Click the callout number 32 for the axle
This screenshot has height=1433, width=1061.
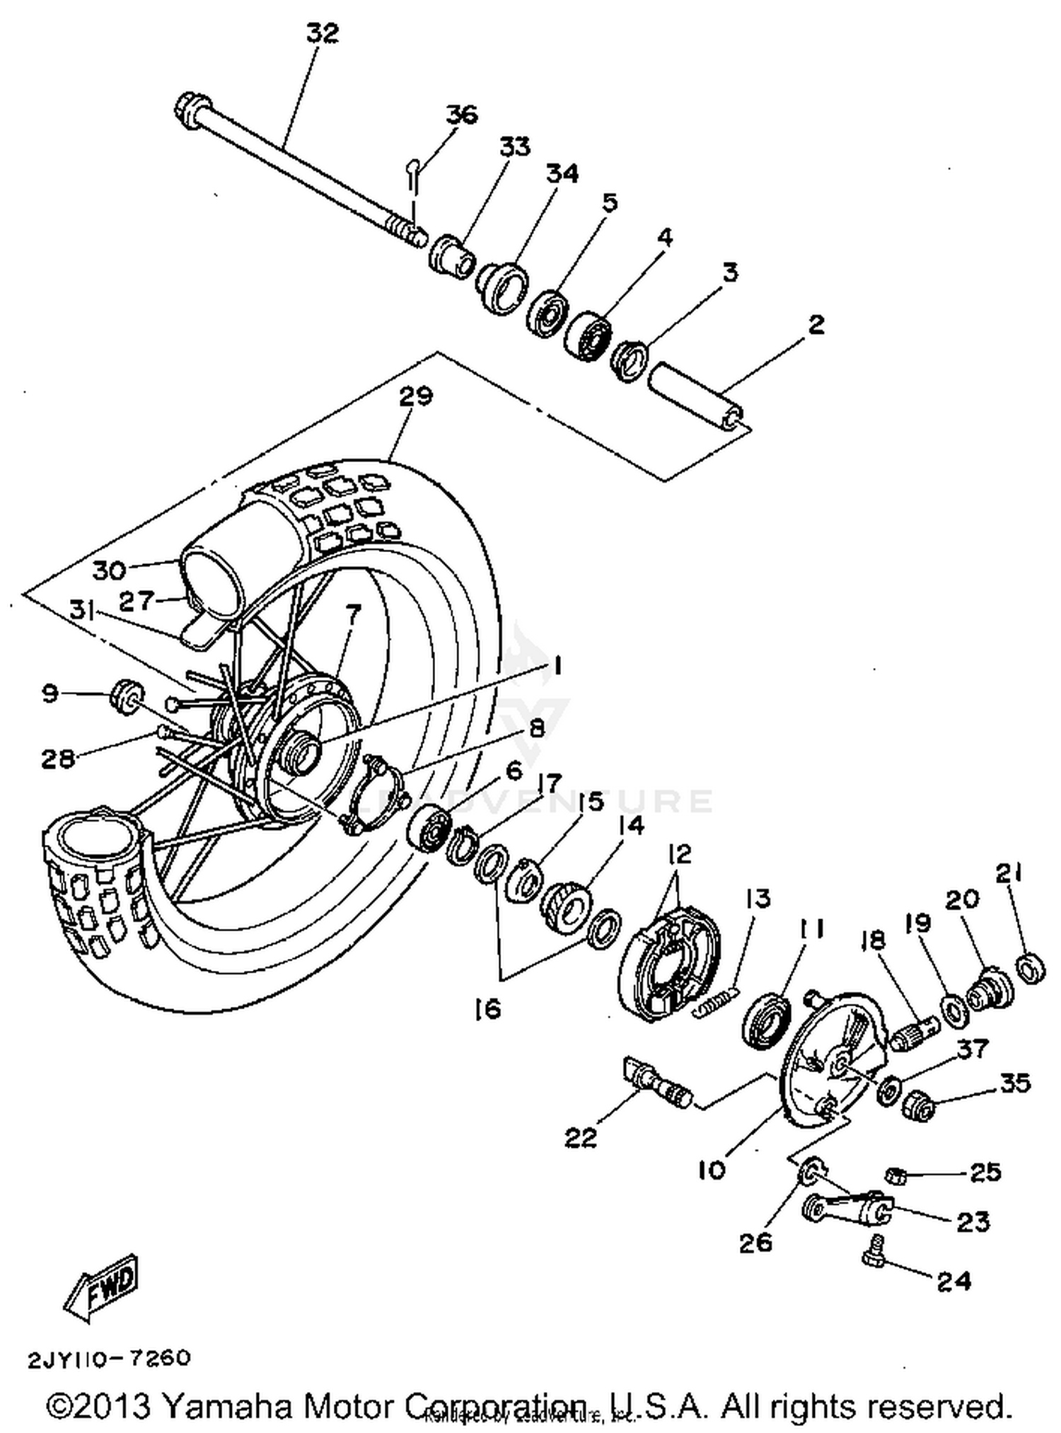point(322,33)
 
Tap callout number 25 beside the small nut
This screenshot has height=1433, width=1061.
point(985,1172)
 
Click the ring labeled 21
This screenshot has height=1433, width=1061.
point(1031,968)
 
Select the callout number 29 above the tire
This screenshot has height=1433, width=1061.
point(415,396)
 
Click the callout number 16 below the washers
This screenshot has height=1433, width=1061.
point(487,1008)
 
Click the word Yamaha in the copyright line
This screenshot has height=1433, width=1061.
point(226,1405)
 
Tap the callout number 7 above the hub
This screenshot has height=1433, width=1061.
point(352,612)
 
